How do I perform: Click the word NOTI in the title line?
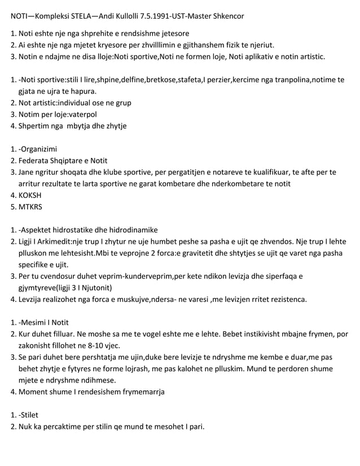[x=21, y=16]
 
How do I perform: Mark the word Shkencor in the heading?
[x=228, y=16]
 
